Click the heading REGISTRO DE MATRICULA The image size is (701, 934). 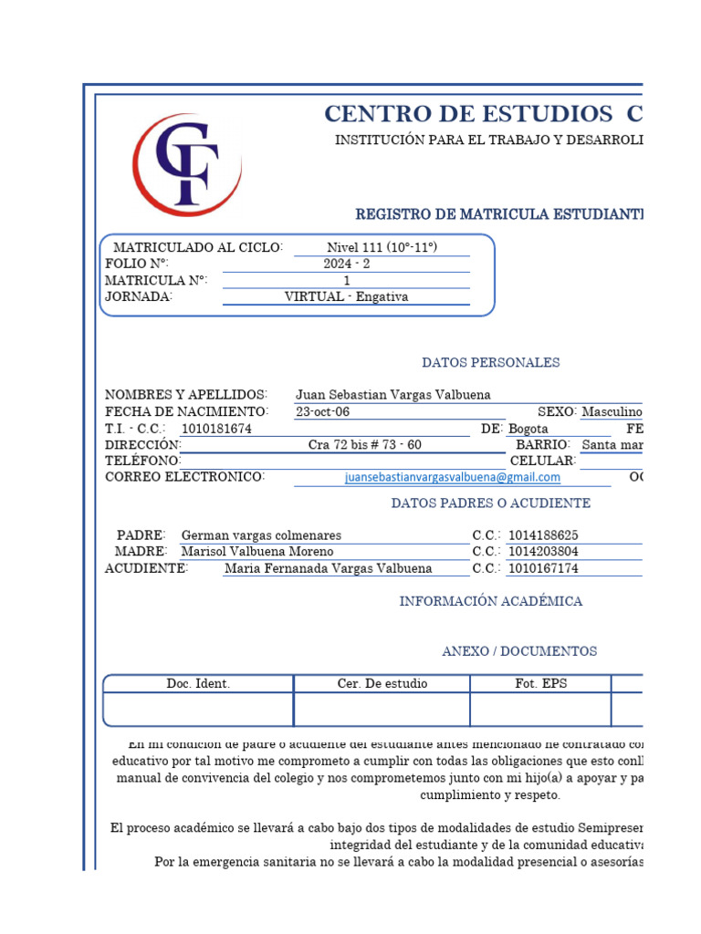coord(498,214)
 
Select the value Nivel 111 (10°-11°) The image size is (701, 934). coord(382,248)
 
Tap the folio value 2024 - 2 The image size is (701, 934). coord(346,265)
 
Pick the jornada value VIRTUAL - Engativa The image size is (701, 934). coord(346,297)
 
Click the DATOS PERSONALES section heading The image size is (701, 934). coord(490,363)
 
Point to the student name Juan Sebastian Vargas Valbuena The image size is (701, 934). coord(392,395)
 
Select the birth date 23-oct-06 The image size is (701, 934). coord(322,412)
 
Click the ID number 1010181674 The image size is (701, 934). coord(216,429)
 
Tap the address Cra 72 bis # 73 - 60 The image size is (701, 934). coord(365,445)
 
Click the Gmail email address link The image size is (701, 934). coord(453,477)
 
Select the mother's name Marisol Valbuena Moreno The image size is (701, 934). coord(257,552)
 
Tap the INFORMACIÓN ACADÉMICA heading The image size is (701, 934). coord(490,602)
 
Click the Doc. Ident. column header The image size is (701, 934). coord(198,684)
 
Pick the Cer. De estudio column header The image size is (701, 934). coord(382,684)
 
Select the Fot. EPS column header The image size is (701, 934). coord(540,684)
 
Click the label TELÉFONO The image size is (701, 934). coord(143,462)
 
